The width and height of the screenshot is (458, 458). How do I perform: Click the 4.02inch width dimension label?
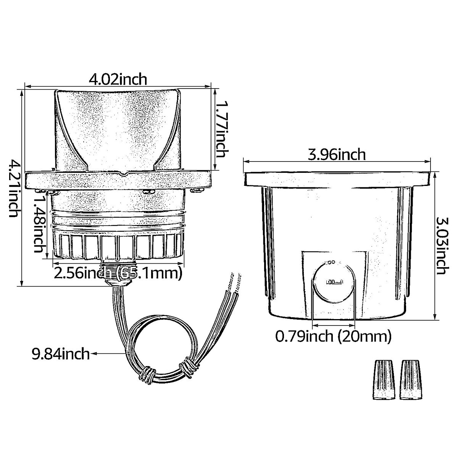[x=118, y=79]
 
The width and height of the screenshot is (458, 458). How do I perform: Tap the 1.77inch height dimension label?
[x=221, y=129]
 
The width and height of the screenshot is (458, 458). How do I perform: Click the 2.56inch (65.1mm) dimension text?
[x=117, y=273]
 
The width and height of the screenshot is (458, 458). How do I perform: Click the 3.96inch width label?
[x=337, y=155]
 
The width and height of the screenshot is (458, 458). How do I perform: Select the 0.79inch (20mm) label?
[x=334, y=336]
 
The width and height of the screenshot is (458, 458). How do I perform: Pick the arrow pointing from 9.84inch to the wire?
[x=109, y=354]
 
